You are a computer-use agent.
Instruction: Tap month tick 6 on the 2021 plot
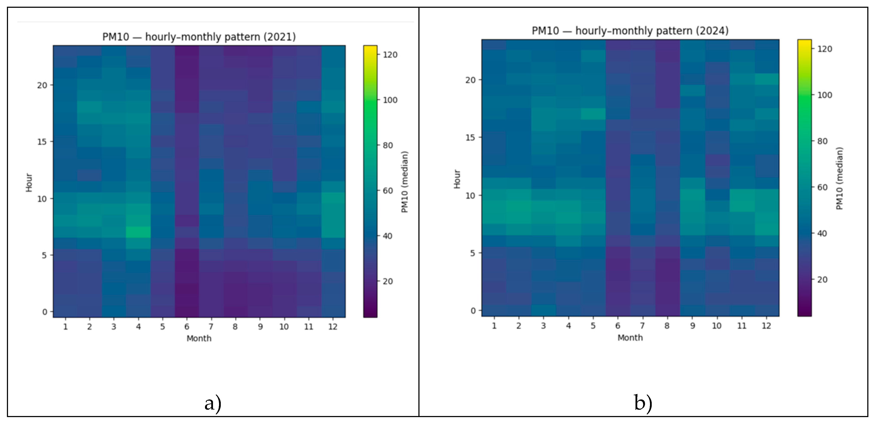[187, 327]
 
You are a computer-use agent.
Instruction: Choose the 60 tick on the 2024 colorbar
[822, 187]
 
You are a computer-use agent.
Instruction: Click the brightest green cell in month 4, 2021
[138, 232]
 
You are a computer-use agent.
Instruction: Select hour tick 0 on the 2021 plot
[45, 312]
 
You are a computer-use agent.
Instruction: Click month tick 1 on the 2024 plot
[494, 326]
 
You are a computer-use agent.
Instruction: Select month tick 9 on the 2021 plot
[260, 327]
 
